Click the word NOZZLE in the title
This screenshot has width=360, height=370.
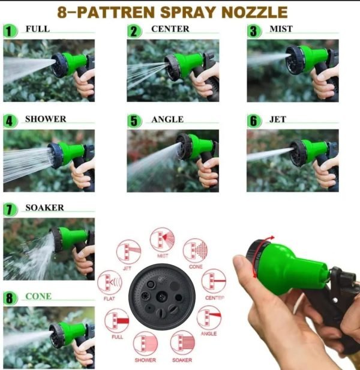[x=252, y=11]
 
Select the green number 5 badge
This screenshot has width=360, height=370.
[x=134, y=121]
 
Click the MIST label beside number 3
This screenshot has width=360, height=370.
[x=280, y=29]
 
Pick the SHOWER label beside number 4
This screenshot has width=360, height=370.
[x=45, y=119]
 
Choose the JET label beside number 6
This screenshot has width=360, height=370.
[x=277, y=119]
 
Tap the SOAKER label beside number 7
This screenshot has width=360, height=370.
[x=44, y=207]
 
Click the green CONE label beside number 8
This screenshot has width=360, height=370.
[x=38, y=296]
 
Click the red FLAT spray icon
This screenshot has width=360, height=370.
[x=109, y=281]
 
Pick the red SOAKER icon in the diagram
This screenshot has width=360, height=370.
[x=182, y=343]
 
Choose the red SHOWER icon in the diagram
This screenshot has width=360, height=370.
[x=145, y=343]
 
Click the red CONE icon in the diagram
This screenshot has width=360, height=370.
[x=195, y=251]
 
